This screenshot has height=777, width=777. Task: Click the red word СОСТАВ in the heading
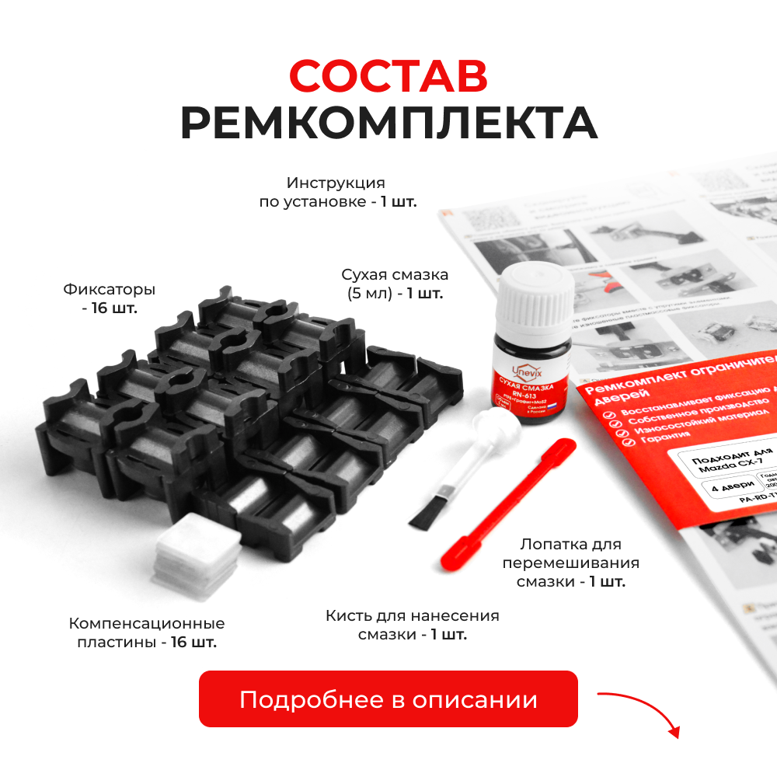pos(388,75)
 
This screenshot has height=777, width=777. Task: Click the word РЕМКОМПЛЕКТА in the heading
pos(388,123)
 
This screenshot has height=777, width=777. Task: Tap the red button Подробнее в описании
pos(388,699)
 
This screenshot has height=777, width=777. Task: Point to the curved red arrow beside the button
pos(641,709)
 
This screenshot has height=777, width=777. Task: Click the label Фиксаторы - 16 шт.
pos(109,298)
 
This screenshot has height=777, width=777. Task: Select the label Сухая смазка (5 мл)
pos(395,284)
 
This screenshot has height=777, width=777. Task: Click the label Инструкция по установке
pos(337,193)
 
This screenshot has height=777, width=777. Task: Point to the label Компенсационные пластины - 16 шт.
pos(147,632)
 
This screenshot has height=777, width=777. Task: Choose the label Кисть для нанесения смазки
pos(412,625)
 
